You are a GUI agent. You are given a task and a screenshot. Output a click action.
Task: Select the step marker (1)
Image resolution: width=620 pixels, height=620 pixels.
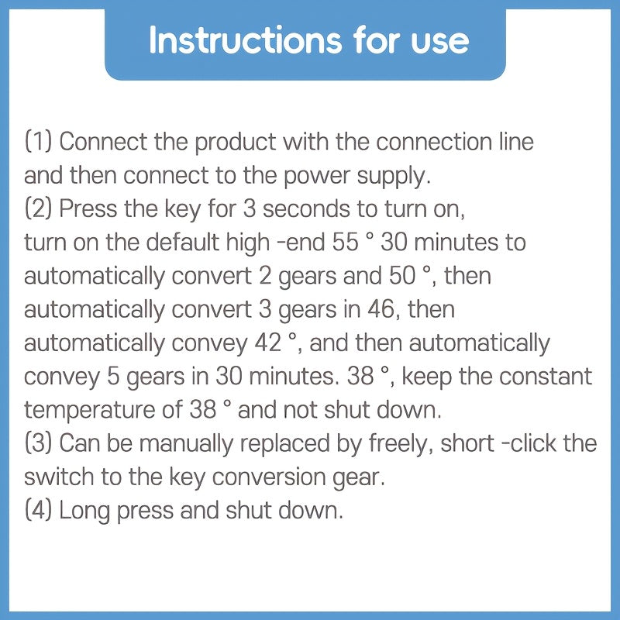pyautogui.click(x=38, y=142)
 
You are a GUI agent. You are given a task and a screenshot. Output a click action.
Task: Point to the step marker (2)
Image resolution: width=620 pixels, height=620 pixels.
pyautogui.click(x=38, y=208)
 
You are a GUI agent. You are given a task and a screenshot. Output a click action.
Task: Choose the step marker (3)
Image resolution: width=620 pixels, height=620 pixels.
pyautogui.click(x=38, y=443)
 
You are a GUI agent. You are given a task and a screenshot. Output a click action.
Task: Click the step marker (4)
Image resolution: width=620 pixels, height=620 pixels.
pyautogui.click(x=38, y=510)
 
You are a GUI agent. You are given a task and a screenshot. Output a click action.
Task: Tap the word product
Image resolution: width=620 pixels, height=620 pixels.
pyautogui.click(x=236, y=143)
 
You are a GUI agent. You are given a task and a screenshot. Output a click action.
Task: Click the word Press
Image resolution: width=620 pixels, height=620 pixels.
pyautogui.click(x=88, y=208)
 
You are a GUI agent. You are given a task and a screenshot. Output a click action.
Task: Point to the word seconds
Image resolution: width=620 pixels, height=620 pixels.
pyautogui.click(x=306, y=209)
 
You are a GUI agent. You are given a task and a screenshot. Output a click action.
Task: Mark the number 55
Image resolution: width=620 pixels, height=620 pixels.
pyautogui.click(x=345, y=243)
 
